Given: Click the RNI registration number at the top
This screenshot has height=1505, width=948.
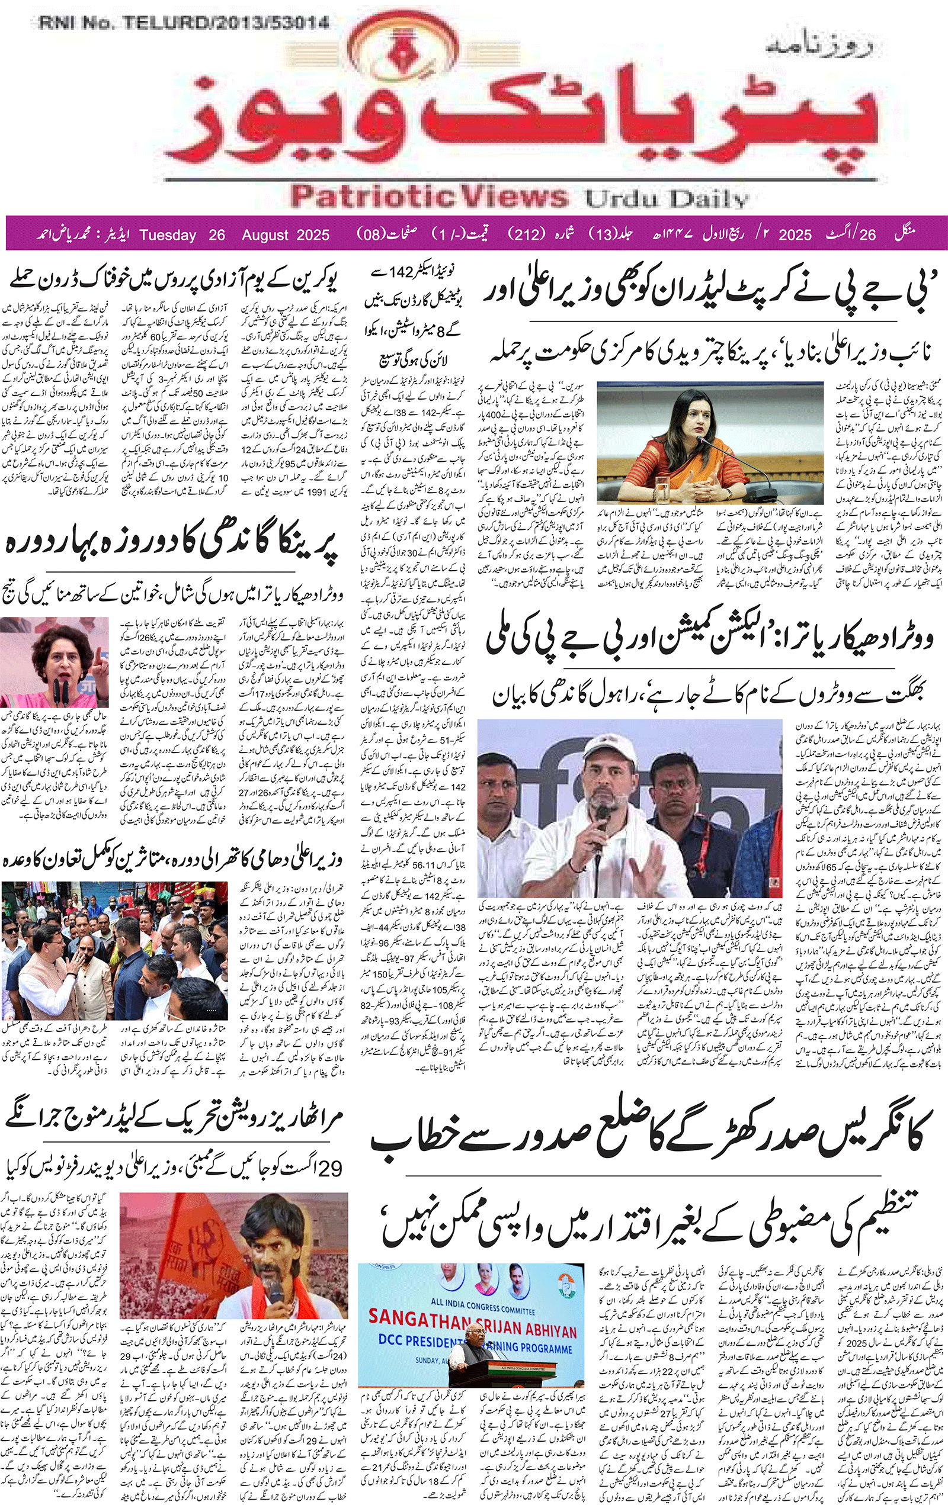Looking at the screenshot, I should [x=184, y=23].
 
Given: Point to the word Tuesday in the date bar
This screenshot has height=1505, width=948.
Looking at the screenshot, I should [x=168, y=235].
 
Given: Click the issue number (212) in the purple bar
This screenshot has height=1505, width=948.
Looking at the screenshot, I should [x=526, y=234].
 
